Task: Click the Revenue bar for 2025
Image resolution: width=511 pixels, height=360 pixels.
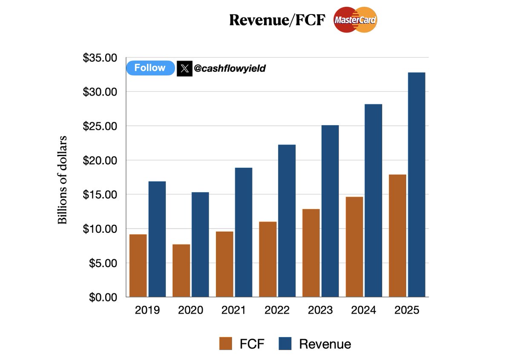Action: coord(416,185)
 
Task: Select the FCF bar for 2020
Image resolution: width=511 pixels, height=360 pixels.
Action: coord(181,271)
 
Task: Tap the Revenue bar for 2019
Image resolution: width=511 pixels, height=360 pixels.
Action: coord(157,239)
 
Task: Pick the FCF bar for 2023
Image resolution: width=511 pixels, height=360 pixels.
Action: coord(311,253)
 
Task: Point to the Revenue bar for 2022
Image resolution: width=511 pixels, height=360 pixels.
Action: coord(287,221)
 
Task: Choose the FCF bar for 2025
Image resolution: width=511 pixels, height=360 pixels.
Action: coord(397,236)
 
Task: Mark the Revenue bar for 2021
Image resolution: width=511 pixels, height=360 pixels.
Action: coord(243,232)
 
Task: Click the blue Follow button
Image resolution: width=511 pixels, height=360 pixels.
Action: coord(150,68)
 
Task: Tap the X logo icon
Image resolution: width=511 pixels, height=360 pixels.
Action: coord(184,69)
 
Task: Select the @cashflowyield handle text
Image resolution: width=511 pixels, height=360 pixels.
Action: coord(230,68)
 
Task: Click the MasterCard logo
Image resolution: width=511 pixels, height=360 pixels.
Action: coord(356,20)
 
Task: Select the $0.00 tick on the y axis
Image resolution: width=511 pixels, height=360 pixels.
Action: coord(103,297)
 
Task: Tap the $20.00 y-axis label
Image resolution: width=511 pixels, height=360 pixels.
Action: coord(100,160)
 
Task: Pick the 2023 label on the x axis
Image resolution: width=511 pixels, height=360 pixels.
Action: coord(320,310)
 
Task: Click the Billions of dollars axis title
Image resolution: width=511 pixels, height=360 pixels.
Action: coord(63,180)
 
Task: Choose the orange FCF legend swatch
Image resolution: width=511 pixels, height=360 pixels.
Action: coord(226,344)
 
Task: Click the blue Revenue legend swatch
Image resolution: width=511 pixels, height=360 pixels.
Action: coord(285,344)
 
